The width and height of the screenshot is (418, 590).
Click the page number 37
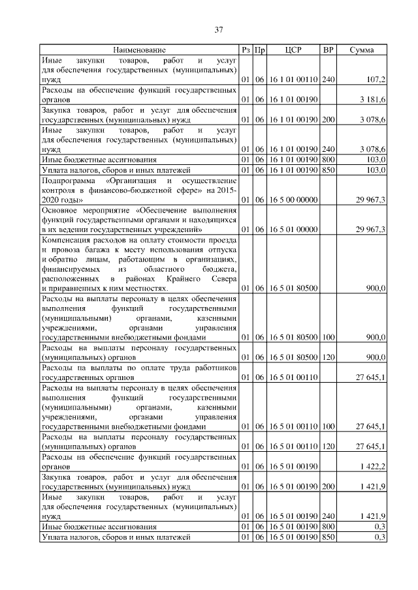point(219,29)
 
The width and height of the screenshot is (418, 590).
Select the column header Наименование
point(139,50)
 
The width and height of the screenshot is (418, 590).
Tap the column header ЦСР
point(293,50)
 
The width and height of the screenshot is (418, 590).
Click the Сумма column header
point(361,50)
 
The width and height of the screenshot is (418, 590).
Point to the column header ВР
point(328,50)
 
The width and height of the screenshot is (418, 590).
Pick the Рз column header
point(246,50)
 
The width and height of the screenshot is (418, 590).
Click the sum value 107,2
point(376,79)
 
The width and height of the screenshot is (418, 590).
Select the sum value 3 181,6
point(372,99)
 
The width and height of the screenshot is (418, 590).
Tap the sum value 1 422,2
point(372,467)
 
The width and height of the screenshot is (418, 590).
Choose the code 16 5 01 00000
point(293,229)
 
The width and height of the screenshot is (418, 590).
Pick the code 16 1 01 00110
point(293,79)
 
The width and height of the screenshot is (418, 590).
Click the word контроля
point(59,190)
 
